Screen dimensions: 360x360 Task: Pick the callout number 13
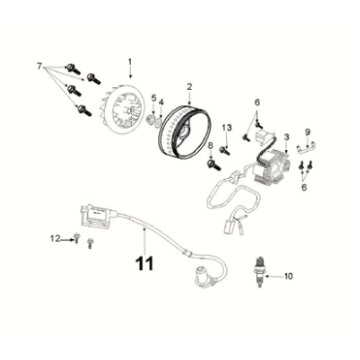pos(226,128)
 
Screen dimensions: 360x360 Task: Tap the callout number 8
pos(209,147)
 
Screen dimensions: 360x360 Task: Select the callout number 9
pos(309,130)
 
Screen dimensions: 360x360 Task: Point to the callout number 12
pos(55,238)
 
